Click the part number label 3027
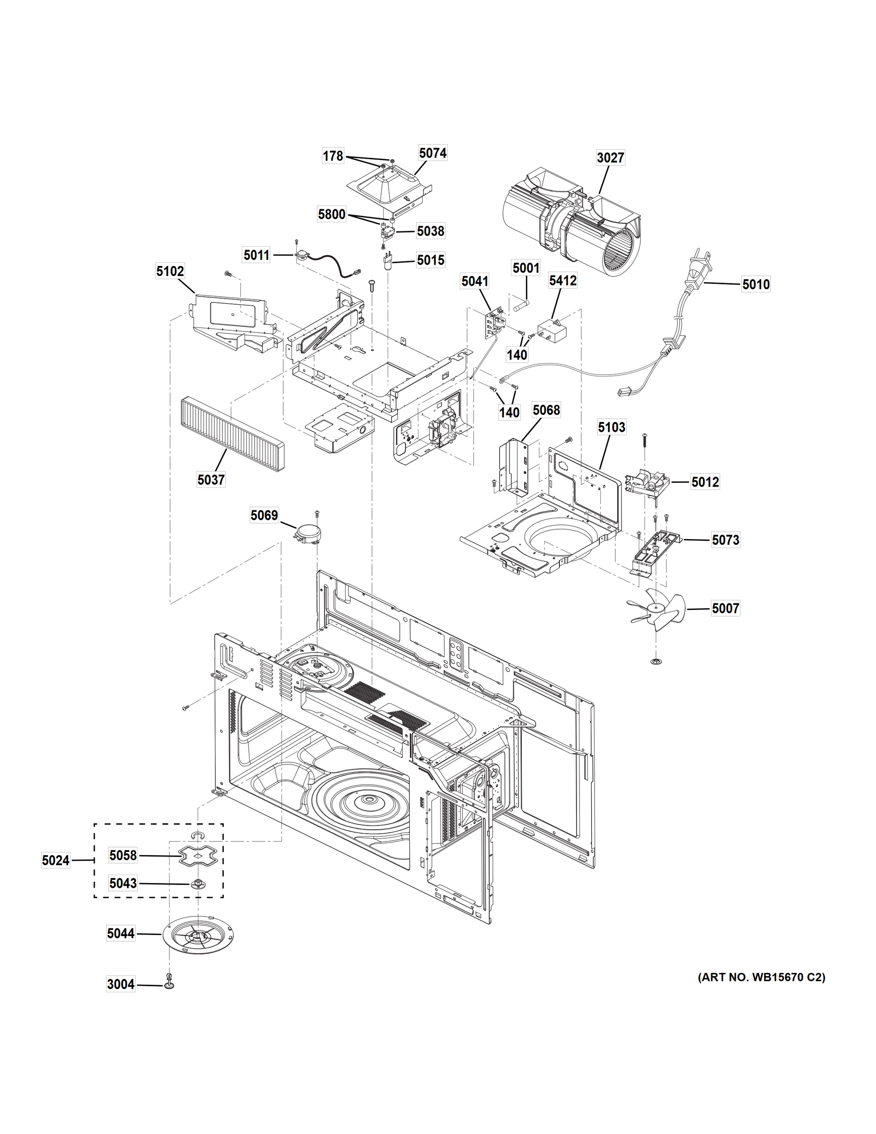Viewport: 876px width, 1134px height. pos(610,157)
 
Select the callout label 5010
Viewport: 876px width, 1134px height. pos(756,284)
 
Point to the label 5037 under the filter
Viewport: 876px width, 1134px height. pos(211,480)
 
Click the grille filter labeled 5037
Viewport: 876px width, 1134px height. pos(231,434)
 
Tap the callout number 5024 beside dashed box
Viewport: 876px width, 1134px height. pos(56,860)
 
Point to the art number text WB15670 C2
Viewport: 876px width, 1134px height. pos(761,977)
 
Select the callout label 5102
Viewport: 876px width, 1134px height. pos(170,271)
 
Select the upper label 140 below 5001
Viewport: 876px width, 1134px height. pos(517,355)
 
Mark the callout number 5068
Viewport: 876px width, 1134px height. pos(546,410)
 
